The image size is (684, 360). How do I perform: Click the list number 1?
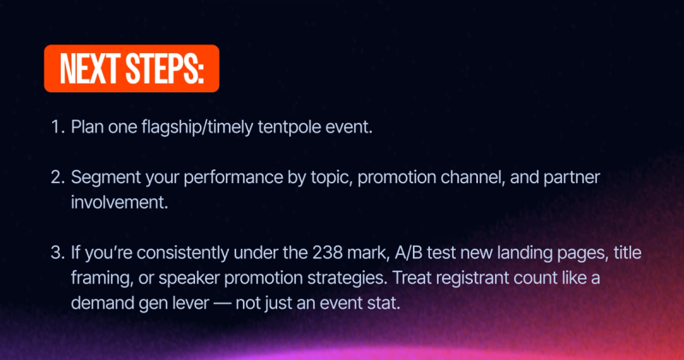(x=56, y=127)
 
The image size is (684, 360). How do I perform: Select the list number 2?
(x=56, y=180)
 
